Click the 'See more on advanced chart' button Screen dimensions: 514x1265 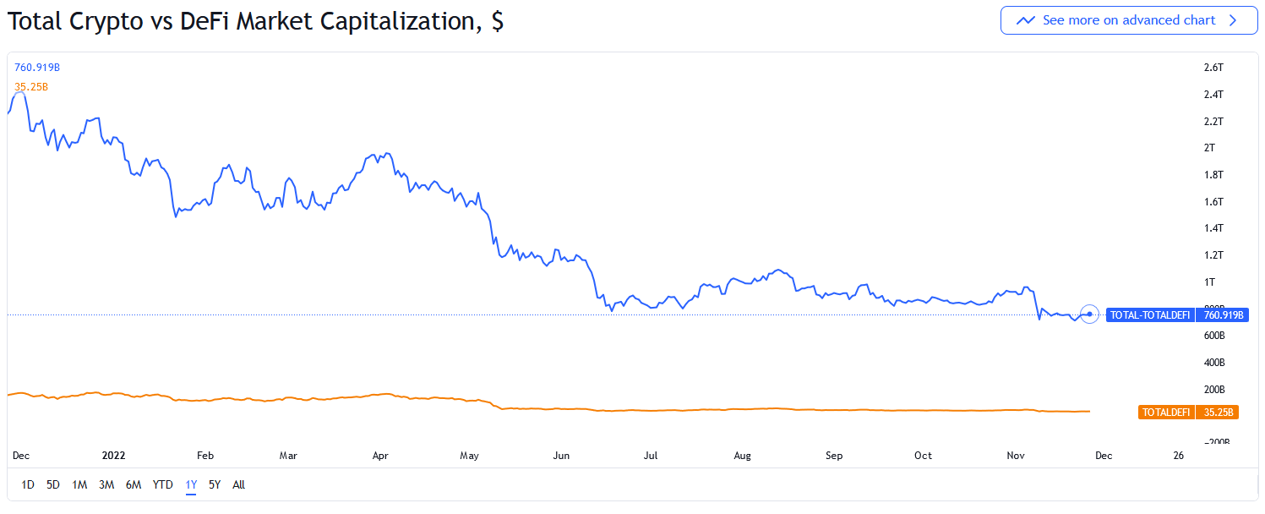[1128, 20]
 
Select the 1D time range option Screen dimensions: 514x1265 [28, 484]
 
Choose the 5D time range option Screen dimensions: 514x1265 [53, 484]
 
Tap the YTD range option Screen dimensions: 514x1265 [162, 484]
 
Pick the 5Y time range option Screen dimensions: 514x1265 [215, 484]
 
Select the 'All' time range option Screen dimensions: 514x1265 [239, 484]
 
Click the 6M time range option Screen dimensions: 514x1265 [134, 484]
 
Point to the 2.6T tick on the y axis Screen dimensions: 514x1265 [1213, 68]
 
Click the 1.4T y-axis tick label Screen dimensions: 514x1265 [1213, 228]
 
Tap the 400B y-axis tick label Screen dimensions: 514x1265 [1214, 363]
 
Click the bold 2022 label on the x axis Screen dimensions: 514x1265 [113, 456]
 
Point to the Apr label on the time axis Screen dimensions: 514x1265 [380, 456]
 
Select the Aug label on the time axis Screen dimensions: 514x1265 [742, 456]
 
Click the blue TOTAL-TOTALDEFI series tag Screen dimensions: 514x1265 [1149, 315]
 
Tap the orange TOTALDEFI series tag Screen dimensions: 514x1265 [1166, 413]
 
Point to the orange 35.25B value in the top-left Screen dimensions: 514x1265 [31, 86]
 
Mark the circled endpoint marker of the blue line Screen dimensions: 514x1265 [1090, 314]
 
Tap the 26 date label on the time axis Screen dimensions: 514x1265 [1179, 456]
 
